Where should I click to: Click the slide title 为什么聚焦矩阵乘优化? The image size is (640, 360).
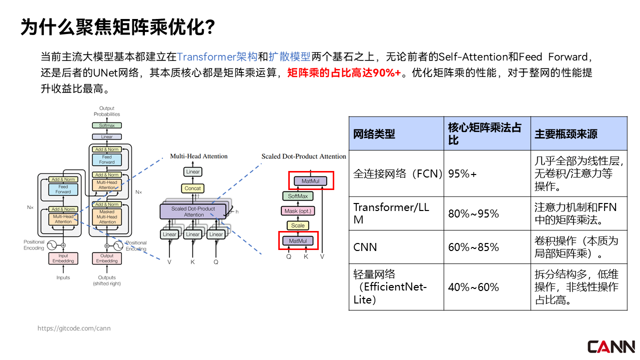pyautogui.click(x=118, y=27)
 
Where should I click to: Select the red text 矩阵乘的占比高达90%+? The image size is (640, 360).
pyautogui.click(x=344, y=73)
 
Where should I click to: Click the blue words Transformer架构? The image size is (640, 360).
pyautogui.click(x=217, y=56)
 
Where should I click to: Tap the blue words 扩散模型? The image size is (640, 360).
pyautogui.click(x=289, y=56)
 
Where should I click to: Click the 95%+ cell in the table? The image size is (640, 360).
pyautogui.click(x=463, y=174)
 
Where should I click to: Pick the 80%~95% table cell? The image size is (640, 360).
pyautogui.click(x=474, y=214)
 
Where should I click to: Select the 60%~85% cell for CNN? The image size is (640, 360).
pyautogui.click(x=474, y=247)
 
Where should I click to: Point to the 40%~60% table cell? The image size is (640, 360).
pyautogui.click(x=474, y=287)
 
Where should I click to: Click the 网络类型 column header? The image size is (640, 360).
pyautogui.click(x=374, y=134)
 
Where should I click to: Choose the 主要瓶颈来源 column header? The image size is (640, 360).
pyautogui.click(x=566, y=134)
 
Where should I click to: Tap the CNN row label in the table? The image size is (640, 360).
pyautogui.click(x=365, y=247)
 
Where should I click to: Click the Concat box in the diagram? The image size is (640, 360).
pyautogui.click(x=193, y=188)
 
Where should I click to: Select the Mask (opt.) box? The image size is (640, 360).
pyautogui.click(x=298, y=211)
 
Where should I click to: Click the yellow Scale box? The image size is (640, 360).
pyautogui.click(x=298, y=225)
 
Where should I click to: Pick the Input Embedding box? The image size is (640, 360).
pyautogui.click(x=63, y=258)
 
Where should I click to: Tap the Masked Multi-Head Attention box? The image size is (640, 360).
pyautogui.click(x=107, y=217)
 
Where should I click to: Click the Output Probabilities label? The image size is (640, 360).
pyautogui.click(x=107, y=111)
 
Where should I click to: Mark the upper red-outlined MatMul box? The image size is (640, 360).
pyautogui.click(x=311, y=181)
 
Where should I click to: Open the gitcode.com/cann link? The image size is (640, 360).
pyautogui.click(x=74, y=328)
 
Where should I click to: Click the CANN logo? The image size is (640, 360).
pyautogui.click(x=611, y=346)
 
